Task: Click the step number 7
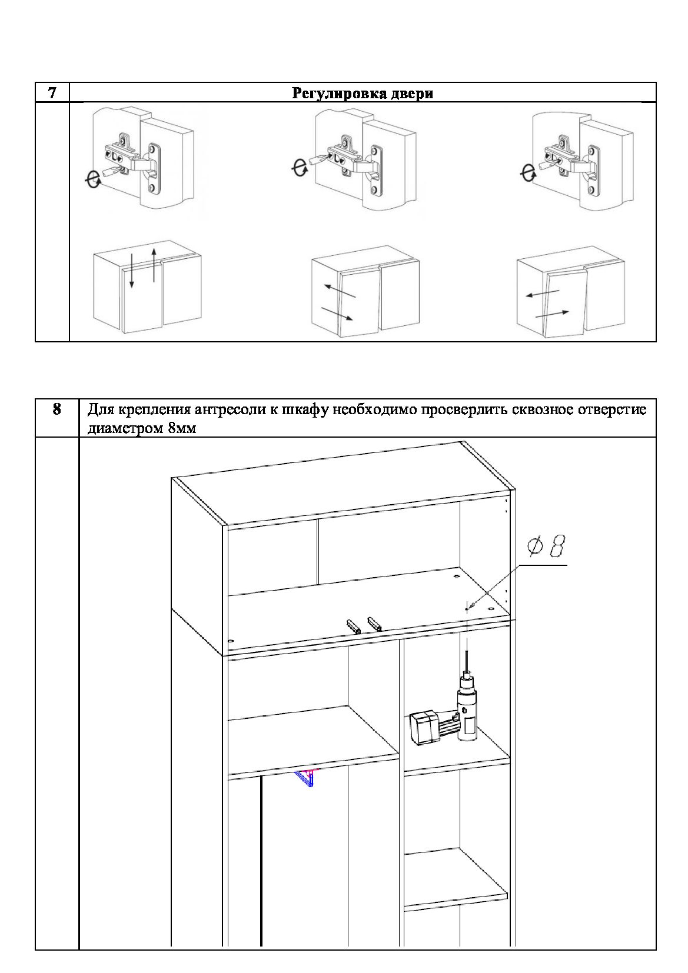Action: [52, 92]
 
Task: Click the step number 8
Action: [56, 409]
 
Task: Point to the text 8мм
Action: [182, 428]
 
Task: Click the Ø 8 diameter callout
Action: [546, 546]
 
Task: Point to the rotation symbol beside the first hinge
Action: [92, 179]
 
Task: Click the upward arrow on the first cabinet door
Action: [154, 265]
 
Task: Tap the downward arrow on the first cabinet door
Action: [132, 271]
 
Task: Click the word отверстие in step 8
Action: [612, 410]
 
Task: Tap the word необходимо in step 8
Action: [374, 409]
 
